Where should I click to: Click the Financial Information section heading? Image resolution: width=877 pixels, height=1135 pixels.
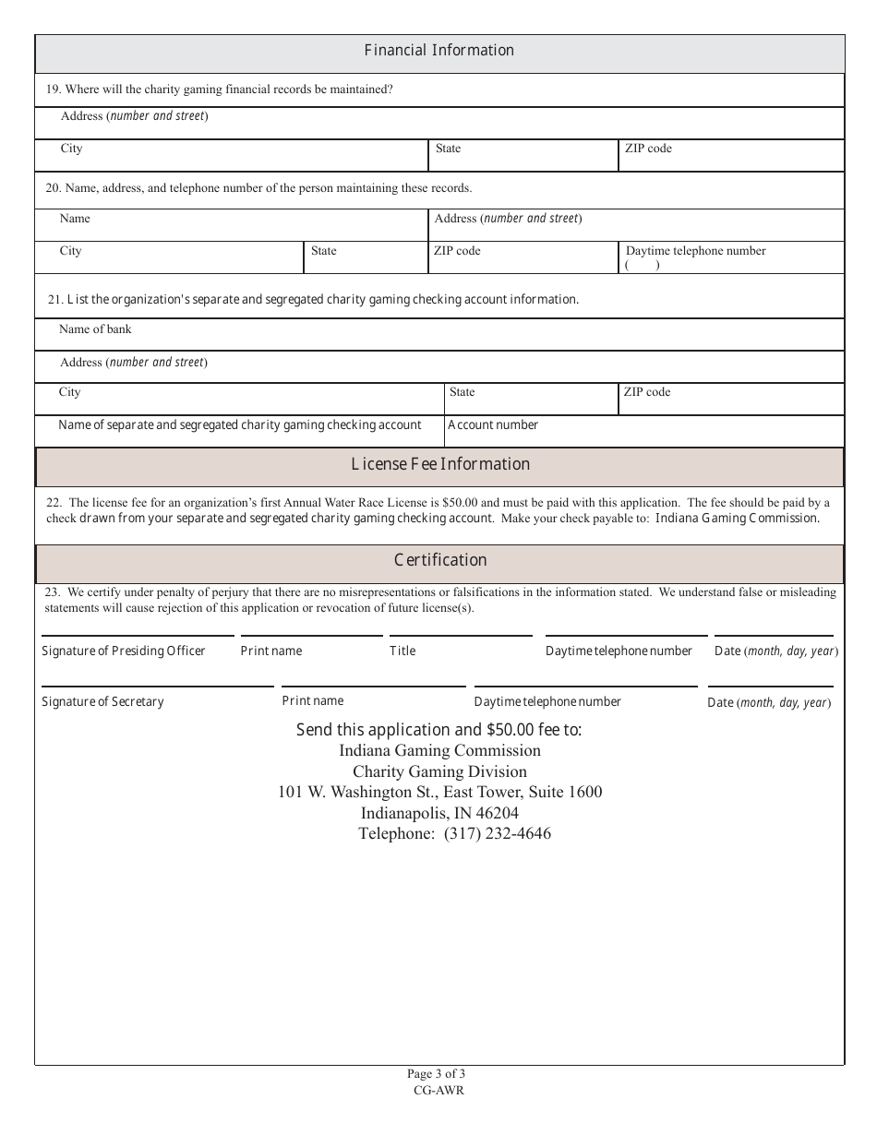click(x=438, y=51)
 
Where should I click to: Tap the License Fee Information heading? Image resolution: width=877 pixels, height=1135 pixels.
click(x=440, y=464)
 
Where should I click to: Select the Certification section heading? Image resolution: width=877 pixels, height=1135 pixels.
click(x=440, y=560)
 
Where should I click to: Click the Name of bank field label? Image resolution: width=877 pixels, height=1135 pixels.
click(x=95, y=329)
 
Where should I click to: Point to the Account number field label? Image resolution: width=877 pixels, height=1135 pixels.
click(x=493, y=425)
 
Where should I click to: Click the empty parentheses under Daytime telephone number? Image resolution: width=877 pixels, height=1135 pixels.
click(x=643, y=266)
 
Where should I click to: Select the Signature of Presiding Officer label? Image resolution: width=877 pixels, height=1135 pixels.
click(x=124, y=651)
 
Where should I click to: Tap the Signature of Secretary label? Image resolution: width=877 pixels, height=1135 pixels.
click(x=102, y=702)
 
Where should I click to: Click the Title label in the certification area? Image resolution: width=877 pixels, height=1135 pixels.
click(x=402, y=651)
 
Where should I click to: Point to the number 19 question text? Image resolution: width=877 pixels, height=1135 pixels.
click(x=220, y=90)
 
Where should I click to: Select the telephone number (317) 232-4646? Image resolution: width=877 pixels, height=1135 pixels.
click(x=497, y=834)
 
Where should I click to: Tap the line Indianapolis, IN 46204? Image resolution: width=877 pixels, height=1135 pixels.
click(x=439, y=813)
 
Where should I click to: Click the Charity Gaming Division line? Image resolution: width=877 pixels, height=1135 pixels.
click(x=439, y=771)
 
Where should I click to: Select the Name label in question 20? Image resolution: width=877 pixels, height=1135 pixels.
click(x=75, y=219)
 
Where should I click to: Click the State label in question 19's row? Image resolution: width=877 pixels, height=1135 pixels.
click(x=448, y=149)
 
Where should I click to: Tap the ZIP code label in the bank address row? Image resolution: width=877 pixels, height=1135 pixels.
click(x=647, y=392)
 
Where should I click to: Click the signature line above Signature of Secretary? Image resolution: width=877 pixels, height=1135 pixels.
click(x=157, y=686)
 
